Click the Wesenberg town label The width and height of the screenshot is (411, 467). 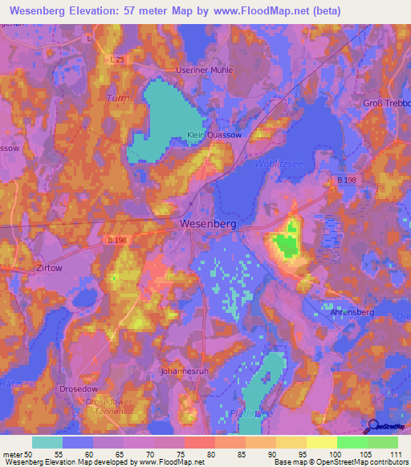coord(208,225)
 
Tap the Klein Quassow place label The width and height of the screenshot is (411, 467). coord(211,136)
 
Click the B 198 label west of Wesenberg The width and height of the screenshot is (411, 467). coord(117,240)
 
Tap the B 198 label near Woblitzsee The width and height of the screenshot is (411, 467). coord(346,181)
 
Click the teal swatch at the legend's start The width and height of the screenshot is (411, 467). coord(47,442)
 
